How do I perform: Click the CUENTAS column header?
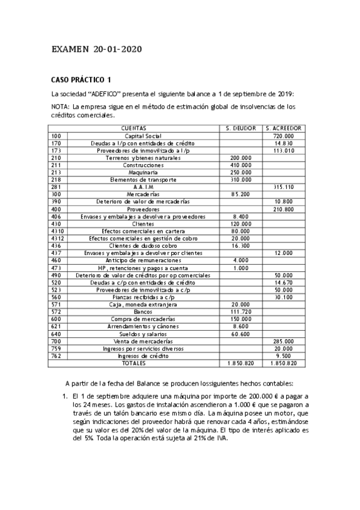coord(133,129)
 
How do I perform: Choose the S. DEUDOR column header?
coord(241,129)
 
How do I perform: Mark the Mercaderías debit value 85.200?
coord(241,194)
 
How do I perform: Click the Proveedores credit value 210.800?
coord(283,209)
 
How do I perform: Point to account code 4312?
coord(58,238)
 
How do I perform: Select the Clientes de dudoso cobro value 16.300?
coord(241,245)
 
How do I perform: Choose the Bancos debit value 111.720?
coord(241,312)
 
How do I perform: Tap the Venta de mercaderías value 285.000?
coord(283,341)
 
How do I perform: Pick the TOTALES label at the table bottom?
coord(133,363)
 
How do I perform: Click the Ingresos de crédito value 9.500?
coord(283,355)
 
